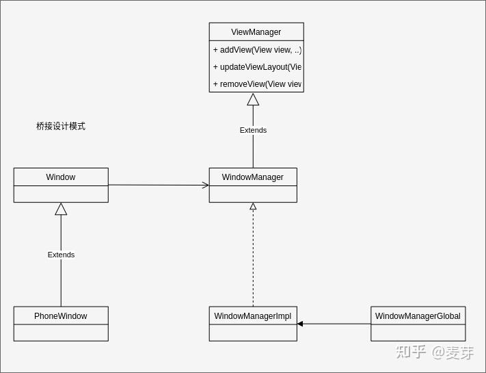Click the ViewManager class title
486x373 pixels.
256,32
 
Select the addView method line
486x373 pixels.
256,50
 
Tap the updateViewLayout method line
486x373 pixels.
256,67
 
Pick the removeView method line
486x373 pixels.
256,84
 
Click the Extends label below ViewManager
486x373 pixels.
253,130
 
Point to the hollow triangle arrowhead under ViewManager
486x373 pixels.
253,100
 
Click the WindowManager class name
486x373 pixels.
252,177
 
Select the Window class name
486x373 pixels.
60,177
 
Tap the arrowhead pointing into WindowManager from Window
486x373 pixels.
205,185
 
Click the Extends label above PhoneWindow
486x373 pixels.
61,255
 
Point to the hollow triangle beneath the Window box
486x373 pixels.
61,209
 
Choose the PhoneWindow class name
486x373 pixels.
60,316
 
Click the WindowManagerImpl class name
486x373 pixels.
252,316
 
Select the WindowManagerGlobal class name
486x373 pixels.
418,316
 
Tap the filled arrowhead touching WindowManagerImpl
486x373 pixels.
300,324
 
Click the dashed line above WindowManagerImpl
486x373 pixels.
253,260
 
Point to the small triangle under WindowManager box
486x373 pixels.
253,206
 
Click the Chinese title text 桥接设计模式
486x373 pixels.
61,127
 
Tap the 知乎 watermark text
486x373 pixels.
411,352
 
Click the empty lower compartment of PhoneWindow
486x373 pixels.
60,333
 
